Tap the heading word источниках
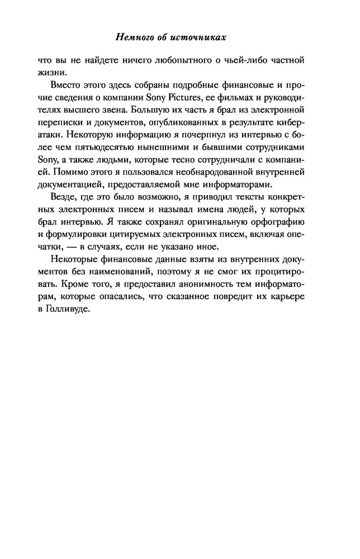202,38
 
